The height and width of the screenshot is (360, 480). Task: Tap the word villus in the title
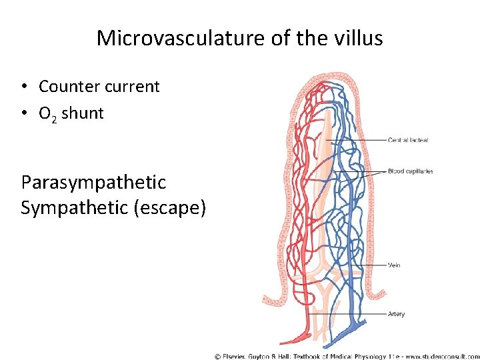(361, 38)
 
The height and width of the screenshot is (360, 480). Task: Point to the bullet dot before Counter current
(25, 87)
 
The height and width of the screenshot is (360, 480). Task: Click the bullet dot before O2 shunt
(25, 113)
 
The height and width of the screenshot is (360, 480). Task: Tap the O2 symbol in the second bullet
(47, 115)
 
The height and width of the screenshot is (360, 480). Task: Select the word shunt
(83, 113)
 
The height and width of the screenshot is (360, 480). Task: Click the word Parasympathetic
(93, 183)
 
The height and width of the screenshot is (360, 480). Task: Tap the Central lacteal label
(407, 140)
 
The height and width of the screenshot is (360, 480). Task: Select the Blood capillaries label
(410, 171)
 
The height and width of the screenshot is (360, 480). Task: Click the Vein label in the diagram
(393, 265)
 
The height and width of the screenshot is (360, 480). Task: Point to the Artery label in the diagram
(395, 314)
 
